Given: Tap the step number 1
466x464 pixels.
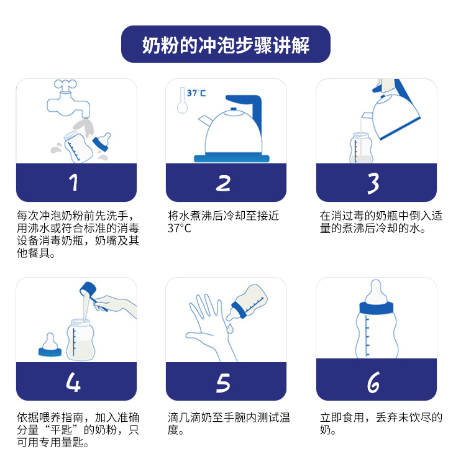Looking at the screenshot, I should click(x=74, y=183).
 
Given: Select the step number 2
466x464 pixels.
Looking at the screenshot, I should click(x=224, y=183).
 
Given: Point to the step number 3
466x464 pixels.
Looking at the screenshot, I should click(x=373, y=183).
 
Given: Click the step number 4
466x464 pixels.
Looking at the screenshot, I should click(x=74, y=381).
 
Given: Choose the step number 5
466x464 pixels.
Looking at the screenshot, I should click(x=224, y=381).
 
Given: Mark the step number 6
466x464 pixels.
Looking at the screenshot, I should click(x=373, y=383).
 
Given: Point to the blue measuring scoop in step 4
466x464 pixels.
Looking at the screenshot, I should click(x=88, y=291).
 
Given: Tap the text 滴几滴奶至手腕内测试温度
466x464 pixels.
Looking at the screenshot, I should click(x=228, y=424).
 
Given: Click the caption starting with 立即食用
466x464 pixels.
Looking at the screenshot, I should click(x=380, y=424).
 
